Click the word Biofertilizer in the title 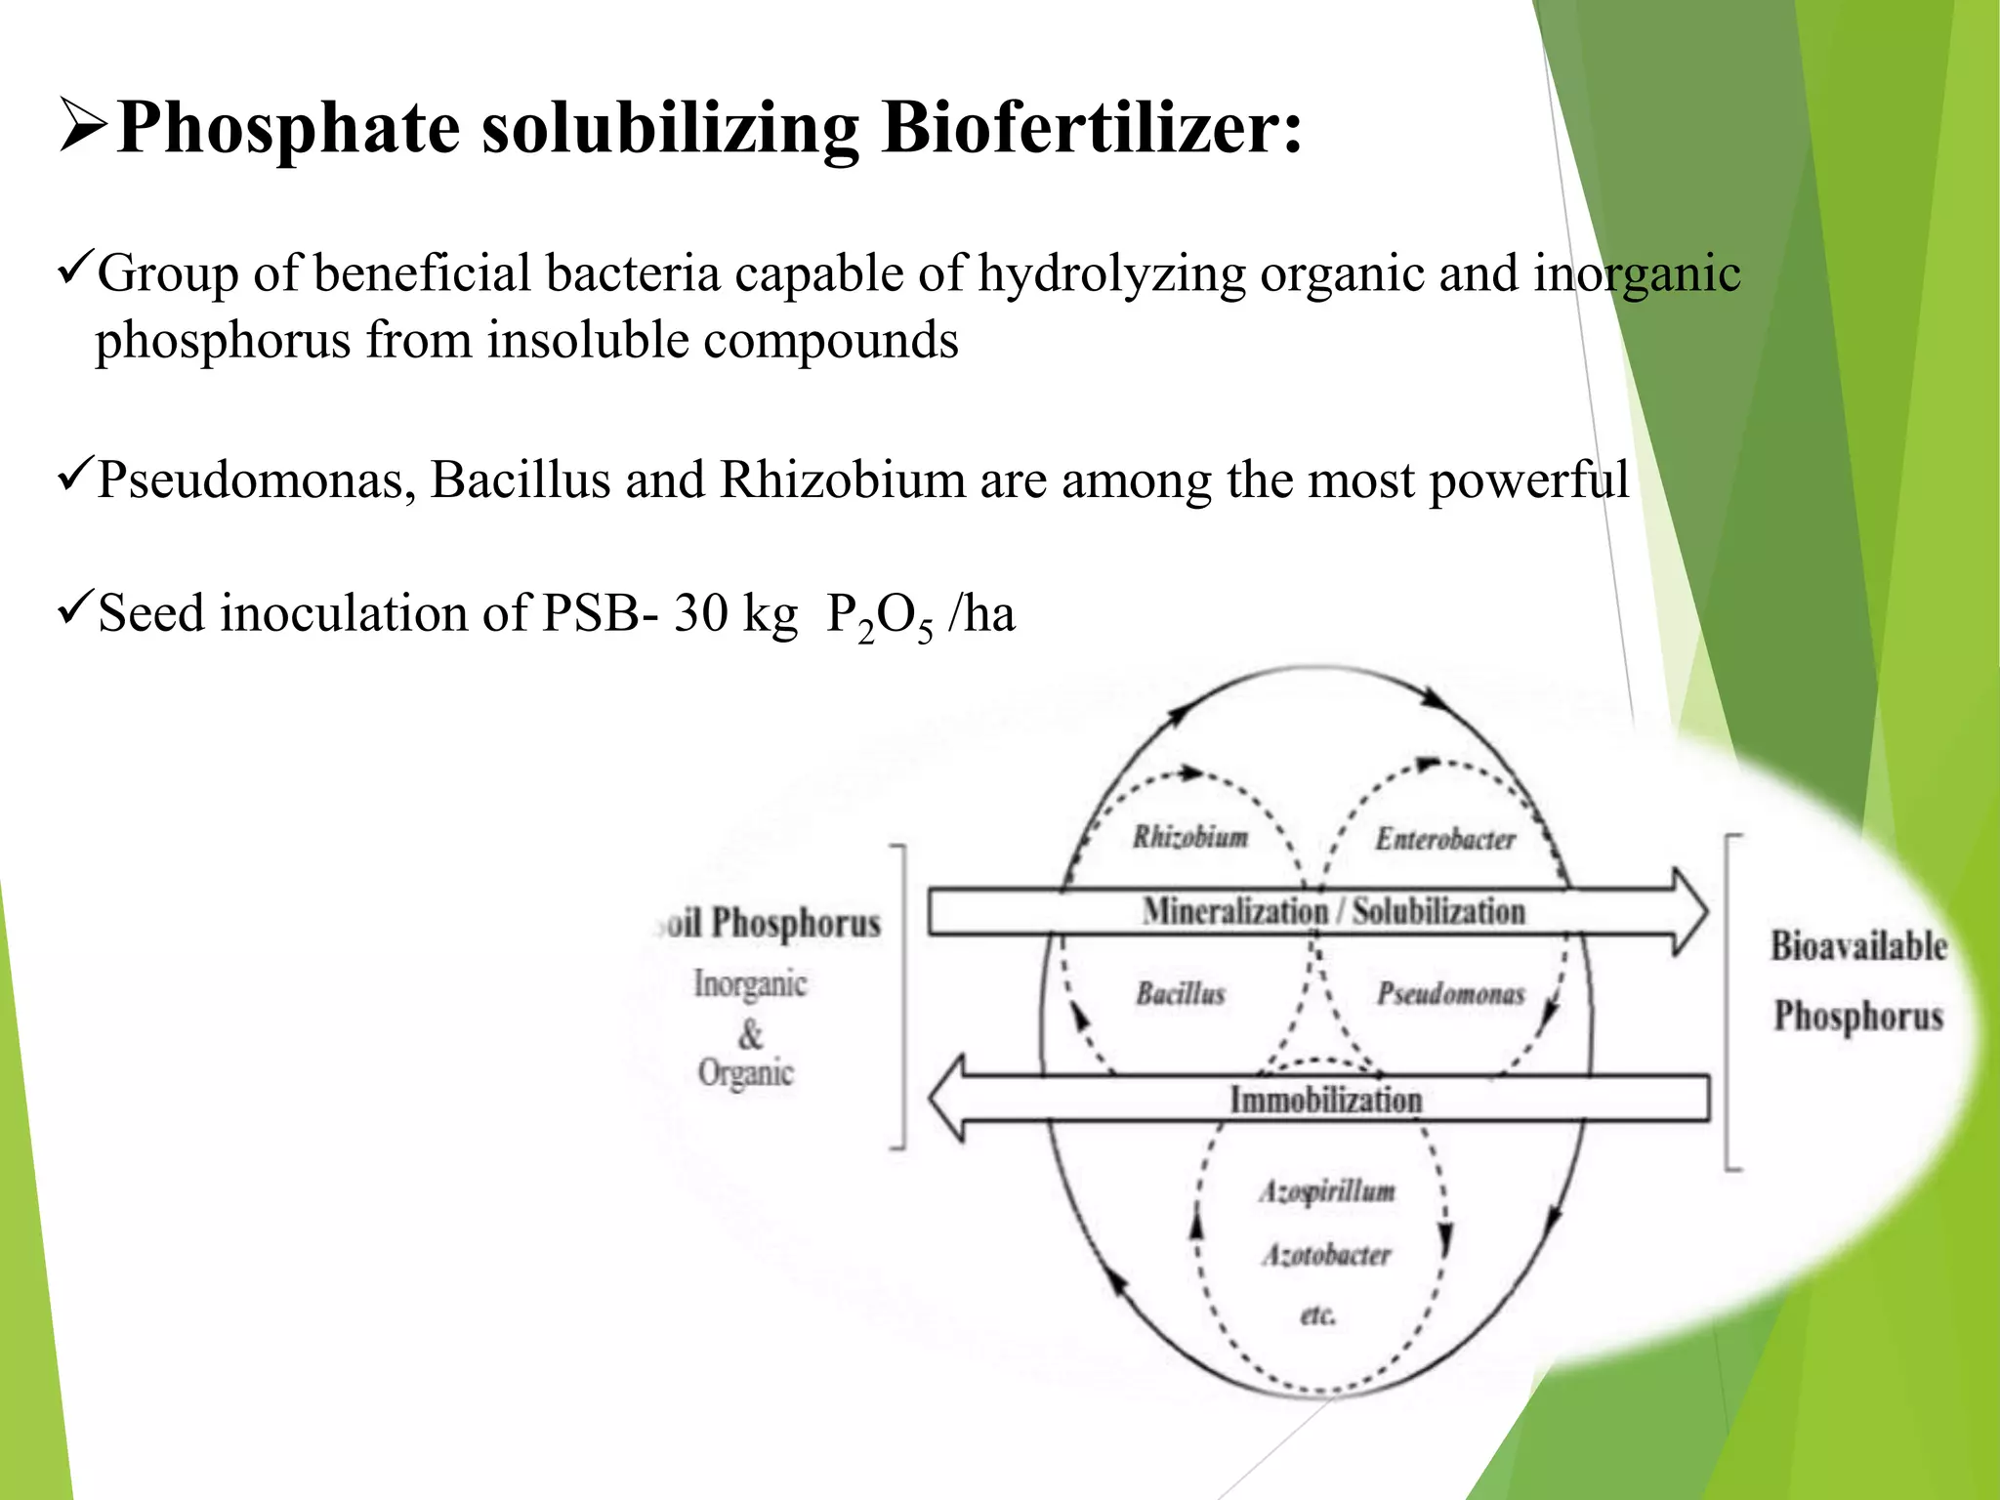pyautogui.click(x=1091, y=129)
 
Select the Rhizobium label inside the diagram pyautogui.click(x=1190, y=837)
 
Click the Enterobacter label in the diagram pyautogui.click(x=1445, y=839)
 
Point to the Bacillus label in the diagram pyautogui.click(x=1180, y=994)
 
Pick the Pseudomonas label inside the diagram pyautogui.click(x=1450, y=994)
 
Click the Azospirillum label pyautogui.click(x=1327, y=1191)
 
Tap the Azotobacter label pyautogui.click(x=1326, y=1254)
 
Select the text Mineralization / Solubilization pyautogui.click(x=1333, y=911)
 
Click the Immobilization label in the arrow pyautogui.click(x=1325, y=1100)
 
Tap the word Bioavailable pyautogui.click(x=1858, y=945)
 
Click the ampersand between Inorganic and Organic pyautogui.click(x=750, y=1033)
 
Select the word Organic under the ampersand pyautogui.click(x=746, y=1072)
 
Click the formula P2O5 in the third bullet pyautogui.click(x=880, y=617)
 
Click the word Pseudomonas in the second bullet pyautogui.click(x=257, y=480)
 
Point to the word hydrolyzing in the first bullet pyautogui.click(x=1112, y=273)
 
